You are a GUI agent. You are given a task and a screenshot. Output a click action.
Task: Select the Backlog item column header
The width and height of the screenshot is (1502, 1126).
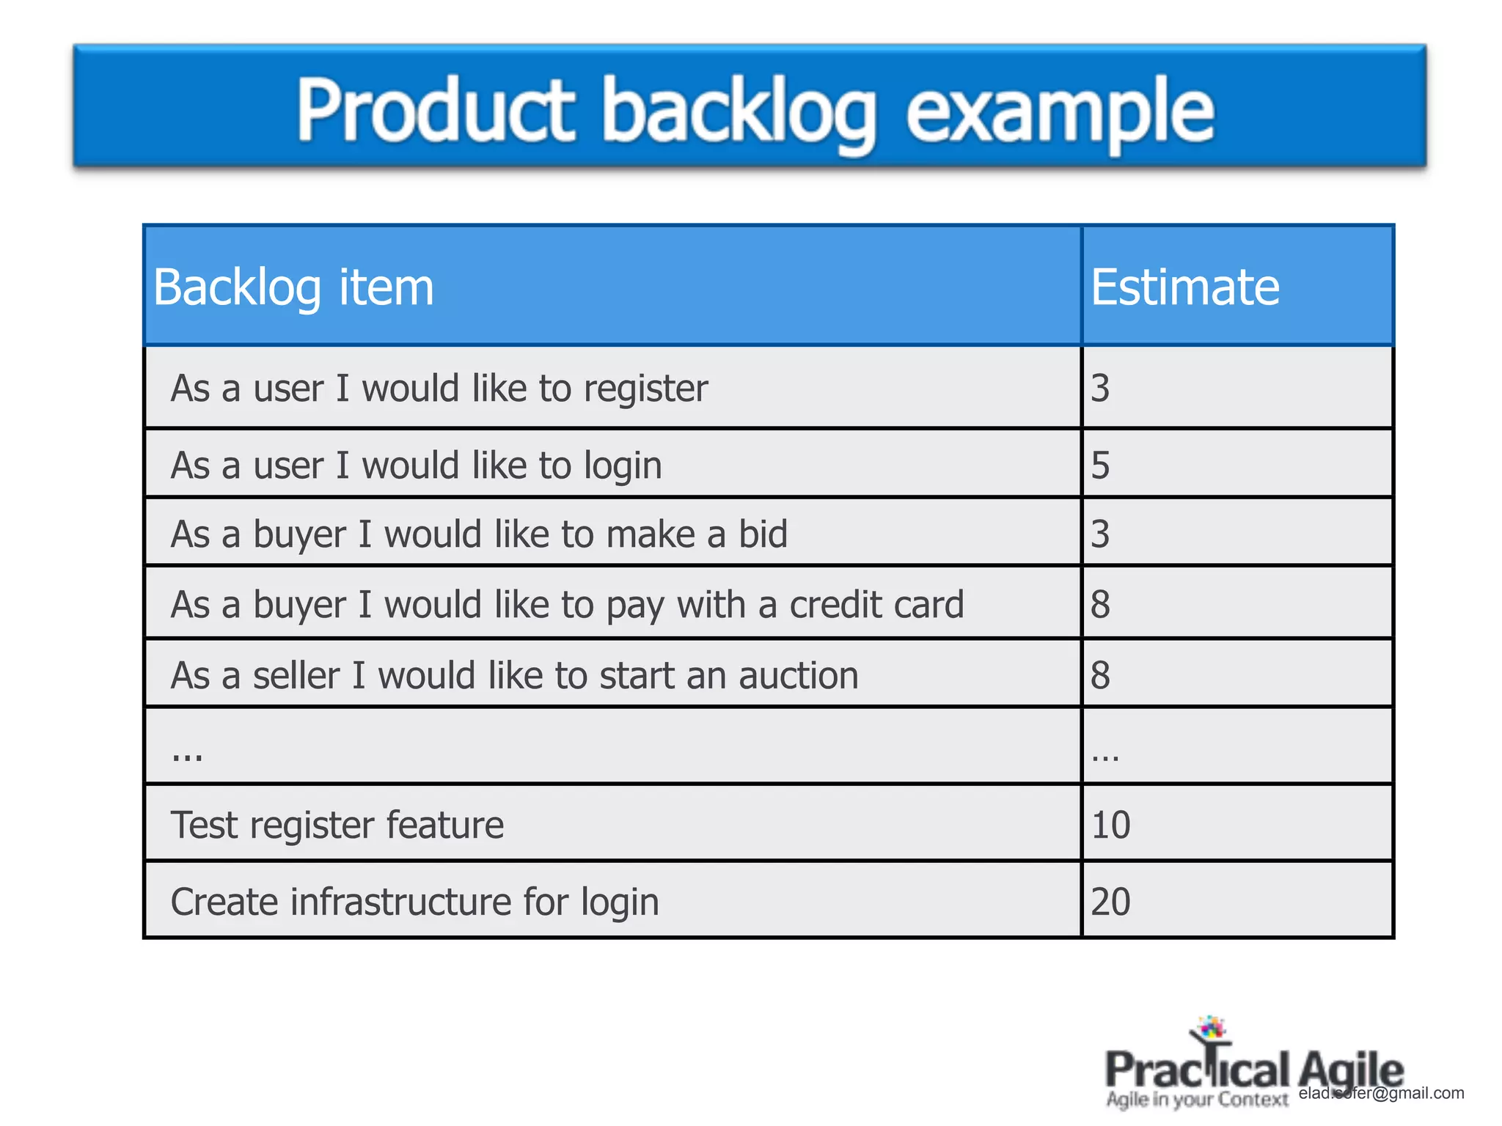tap(293, 287)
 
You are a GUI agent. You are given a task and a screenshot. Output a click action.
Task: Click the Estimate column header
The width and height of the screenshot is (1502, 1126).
tap(1184, 287)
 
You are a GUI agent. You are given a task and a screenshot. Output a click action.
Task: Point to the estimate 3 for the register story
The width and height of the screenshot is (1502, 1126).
tap(1100, 388)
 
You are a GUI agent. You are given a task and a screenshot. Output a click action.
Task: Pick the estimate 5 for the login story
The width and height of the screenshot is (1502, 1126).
tap(1100, 465)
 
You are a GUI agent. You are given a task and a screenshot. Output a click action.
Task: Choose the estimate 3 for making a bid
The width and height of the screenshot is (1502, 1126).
tap(1100, 534)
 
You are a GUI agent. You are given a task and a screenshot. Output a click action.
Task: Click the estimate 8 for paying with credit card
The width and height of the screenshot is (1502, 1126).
tap(1100, 604)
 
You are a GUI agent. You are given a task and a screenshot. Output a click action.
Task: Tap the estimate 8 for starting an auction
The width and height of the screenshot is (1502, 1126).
tap(1100, 674)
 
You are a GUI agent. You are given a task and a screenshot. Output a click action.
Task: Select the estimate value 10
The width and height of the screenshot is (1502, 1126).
tap(1110, 825)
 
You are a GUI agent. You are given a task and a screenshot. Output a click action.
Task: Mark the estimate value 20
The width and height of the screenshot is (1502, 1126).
tap(1110, 902)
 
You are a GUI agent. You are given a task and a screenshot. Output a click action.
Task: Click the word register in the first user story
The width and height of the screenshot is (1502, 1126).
tap(645, 389)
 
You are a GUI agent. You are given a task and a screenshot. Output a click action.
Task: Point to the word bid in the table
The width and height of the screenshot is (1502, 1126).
tap(763, 534)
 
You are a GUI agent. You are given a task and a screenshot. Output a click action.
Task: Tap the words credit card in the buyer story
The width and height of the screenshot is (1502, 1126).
tap(876, 605)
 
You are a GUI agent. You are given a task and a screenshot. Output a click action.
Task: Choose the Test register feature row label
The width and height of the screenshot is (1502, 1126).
tap(337, 825)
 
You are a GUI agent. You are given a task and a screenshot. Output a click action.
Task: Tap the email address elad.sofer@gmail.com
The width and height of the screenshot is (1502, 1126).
tap(1381, 1093)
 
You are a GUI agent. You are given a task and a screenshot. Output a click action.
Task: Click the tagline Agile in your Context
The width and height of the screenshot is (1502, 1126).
tap(1197, 1100)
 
